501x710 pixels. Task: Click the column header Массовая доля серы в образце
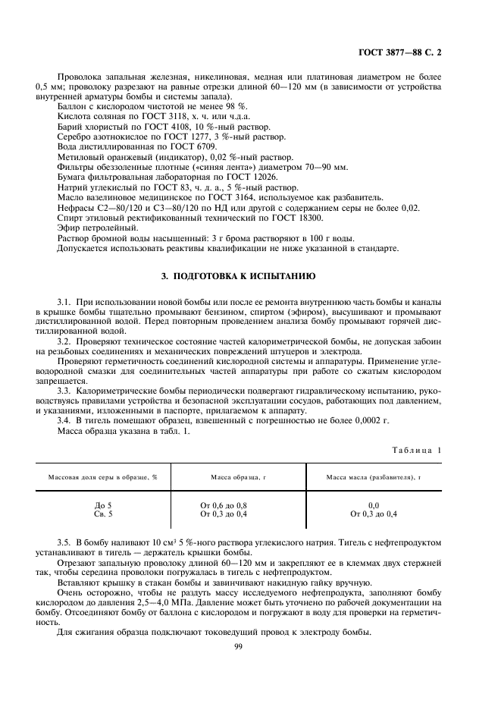coord(103,478)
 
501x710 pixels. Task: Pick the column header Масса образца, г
coord(238,478)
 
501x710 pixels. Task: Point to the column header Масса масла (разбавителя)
coord(373,478)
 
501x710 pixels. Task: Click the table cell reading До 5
coord(102,505)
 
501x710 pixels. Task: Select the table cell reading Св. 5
coord(102,514)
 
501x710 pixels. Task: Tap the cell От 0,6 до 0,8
coord(224,505)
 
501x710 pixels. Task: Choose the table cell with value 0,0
coord(373,505)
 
